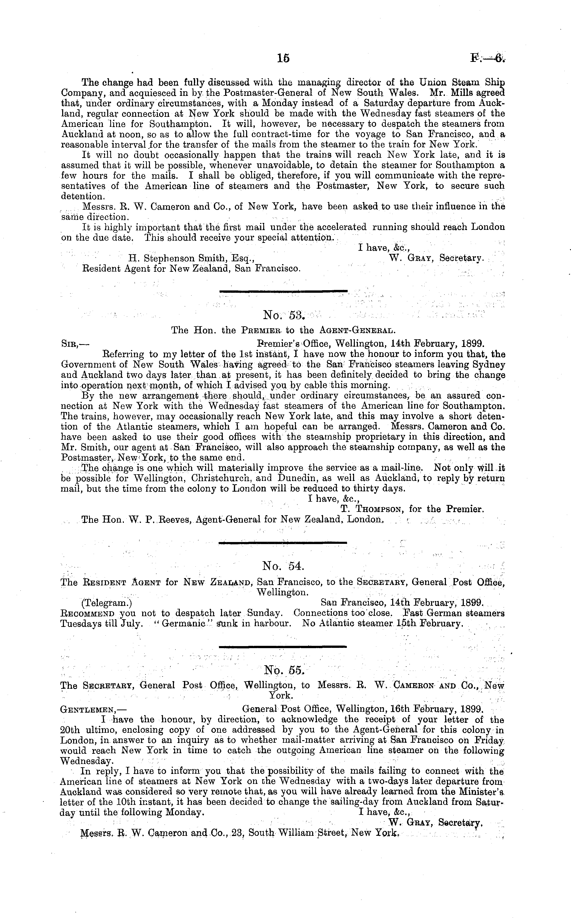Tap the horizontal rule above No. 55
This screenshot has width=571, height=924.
pos(283,646)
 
